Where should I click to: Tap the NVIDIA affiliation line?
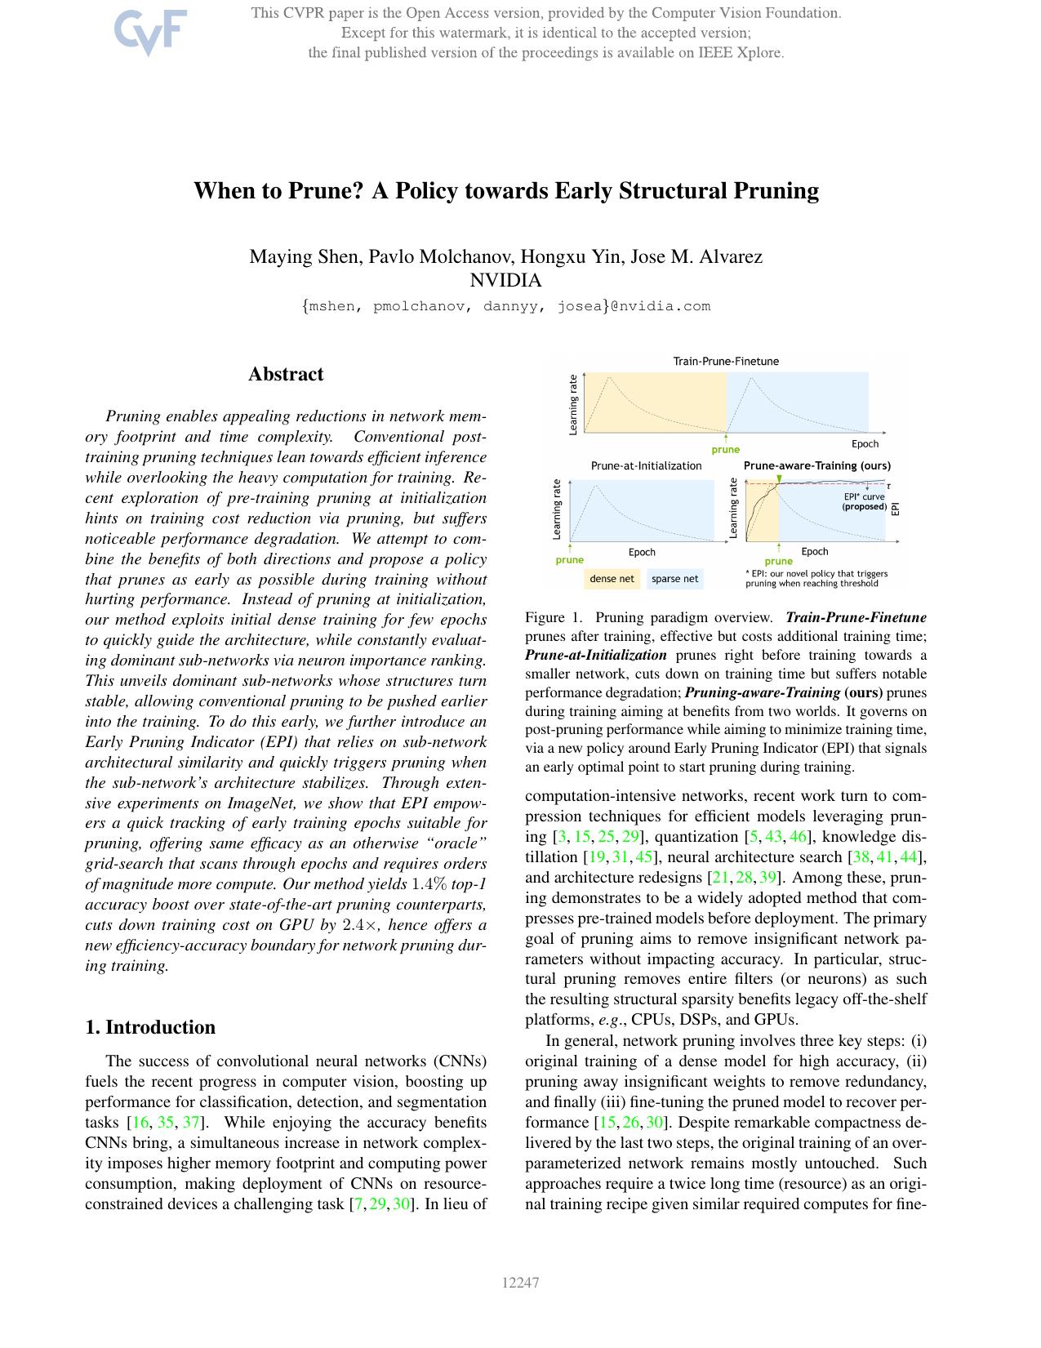point(505,281)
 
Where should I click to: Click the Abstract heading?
point(286,375)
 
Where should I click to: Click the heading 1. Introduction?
point(150,1027)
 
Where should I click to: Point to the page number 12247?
point(520,1283)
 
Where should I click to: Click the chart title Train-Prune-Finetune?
point(726,361)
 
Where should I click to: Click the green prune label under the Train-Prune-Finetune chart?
point(725,450)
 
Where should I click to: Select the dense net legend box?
point(612,579)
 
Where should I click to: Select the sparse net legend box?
point(674,579)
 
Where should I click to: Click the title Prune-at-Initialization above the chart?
point(646,466)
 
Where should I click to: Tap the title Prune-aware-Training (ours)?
point(816,466)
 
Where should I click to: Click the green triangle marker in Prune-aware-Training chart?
point(779,478)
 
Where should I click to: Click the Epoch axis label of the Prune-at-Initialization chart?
point(642,553)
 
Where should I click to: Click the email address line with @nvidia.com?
point(505,307)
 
